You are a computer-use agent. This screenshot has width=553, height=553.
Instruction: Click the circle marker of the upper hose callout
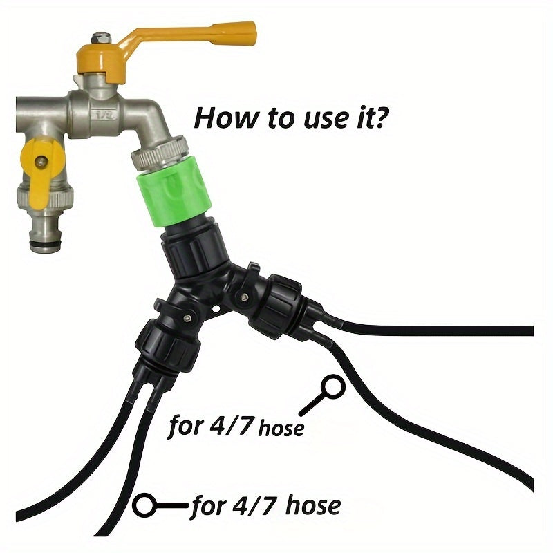(x=335, y=384)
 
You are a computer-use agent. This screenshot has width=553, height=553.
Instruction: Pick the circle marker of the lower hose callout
(x=145, y=506)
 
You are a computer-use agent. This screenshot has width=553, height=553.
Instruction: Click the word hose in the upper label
(x=280, y=428)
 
